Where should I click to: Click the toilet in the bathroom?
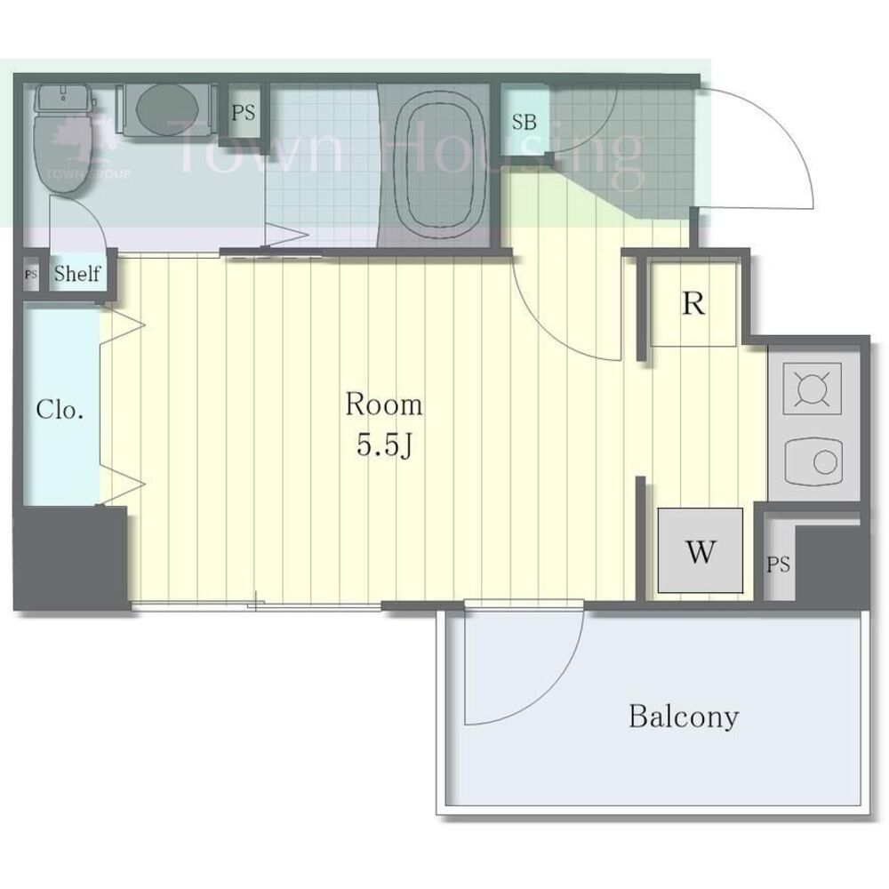pyautogui.click(x=62, y=138)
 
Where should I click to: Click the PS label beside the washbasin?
pyautogui.click(x=244, y=112)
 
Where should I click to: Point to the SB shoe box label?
pyautogui.click(x=524, y=122)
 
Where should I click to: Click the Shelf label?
pyautogui.click(x=77, y=274)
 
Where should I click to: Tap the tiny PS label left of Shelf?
pyautogui.click(x=31, y=275)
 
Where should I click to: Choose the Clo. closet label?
pyautogui.click(x=60, y=409)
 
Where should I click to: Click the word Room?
pyautogui.click(x=384, y=404)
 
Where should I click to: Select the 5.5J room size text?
pyautogui.click(x=384, y=446)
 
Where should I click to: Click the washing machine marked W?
pyautogui.click(x=701, y=550)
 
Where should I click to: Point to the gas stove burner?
pyautogui.click(x=812, y=389)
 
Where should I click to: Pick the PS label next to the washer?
pyautogui.click(x=779, y=565)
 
